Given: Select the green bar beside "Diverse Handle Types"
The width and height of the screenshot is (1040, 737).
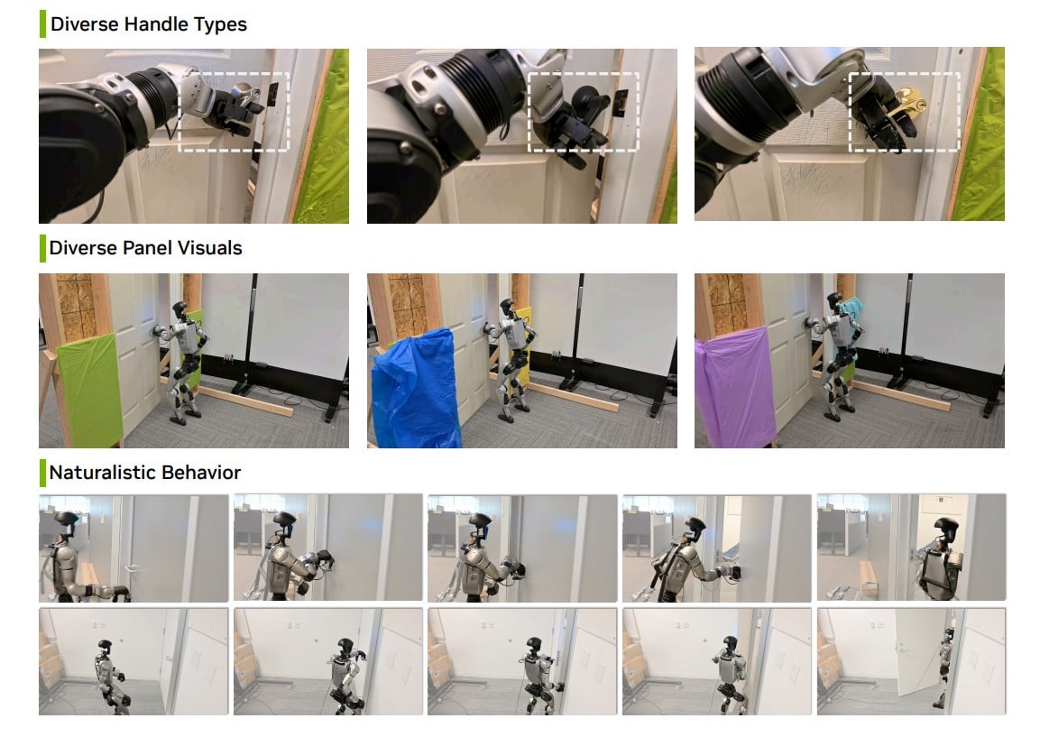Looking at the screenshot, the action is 42,23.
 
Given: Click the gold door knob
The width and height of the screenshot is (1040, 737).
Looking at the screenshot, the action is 908,103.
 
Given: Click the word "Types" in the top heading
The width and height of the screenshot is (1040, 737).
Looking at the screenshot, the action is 220,25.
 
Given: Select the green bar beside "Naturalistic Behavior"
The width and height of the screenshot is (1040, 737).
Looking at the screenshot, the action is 42,473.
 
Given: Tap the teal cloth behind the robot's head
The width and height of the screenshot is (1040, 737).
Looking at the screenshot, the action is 851,312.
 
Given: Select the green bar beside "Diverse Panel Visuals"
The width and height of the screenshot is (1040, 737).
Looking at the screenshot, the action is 42,248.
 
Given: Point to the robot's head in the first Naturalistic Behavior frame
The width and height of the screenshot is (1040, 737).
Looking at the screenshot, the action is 66,521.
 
